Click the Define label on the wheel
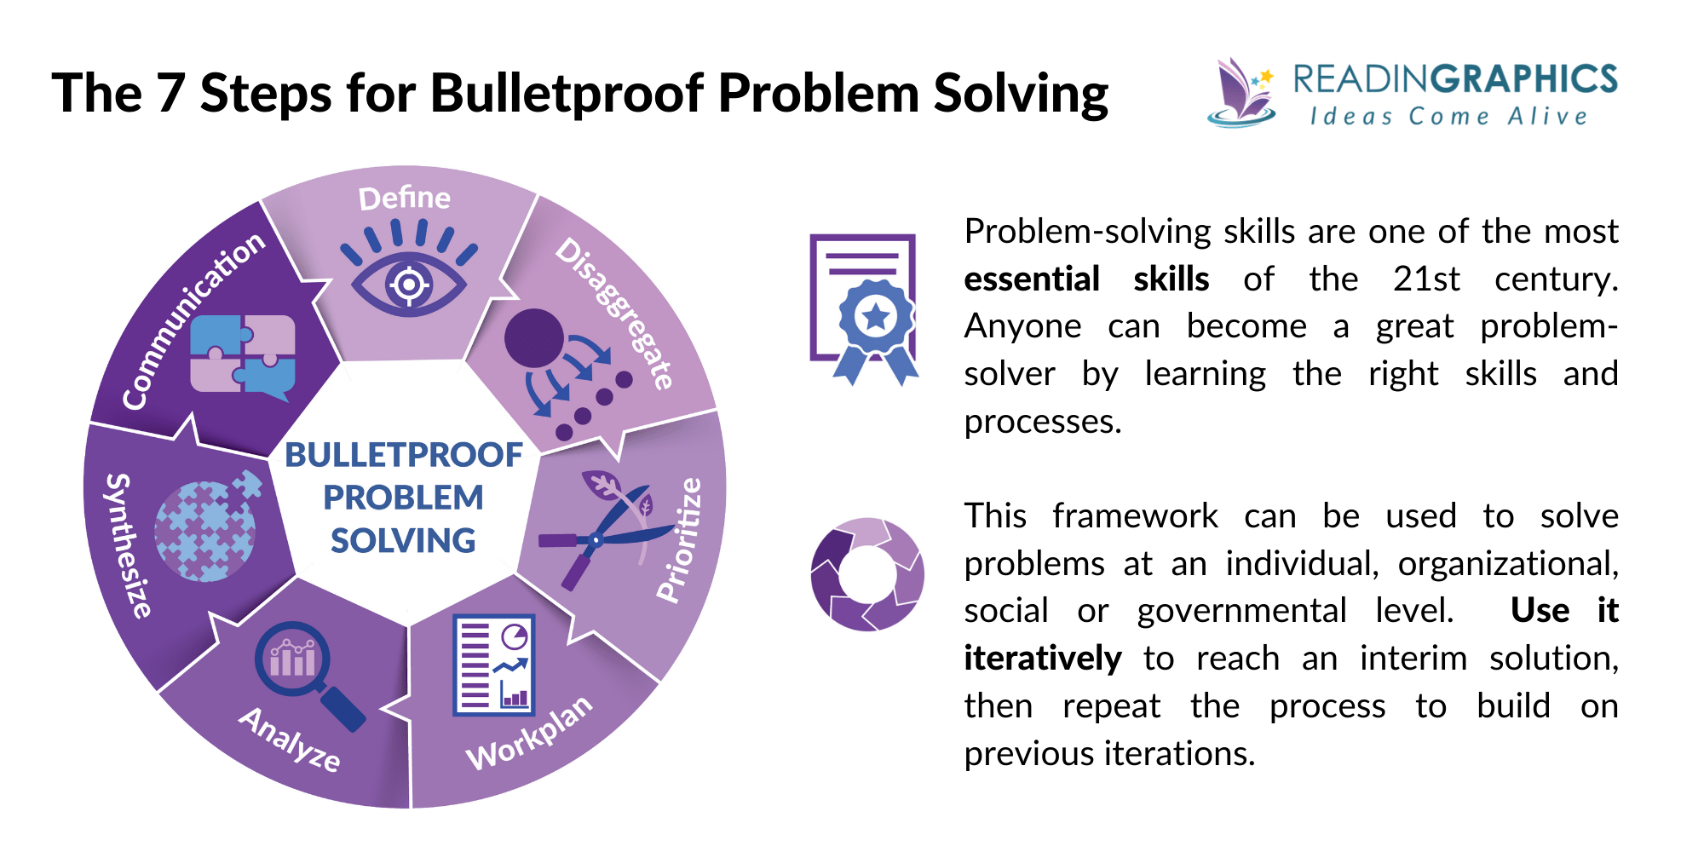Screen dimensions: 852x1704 404,198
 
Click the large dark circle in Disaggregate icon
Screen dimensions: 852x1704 534,338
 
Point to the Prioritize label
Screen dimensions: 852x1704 680,540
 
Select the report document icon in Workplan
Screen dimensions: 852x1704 494,665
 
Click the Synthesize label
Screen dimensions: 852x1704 128,545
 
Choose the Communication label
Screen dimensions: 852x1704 193,320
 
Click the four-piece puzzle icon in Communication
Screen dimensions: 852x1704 243,354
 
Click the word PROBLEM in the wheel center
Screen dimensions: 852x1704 403,498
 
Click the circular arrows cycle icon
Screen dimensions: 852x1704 867,574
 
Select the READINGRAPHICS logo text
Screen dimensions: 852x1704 1454,79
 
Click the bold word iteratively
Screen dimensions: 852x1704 1042,659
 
